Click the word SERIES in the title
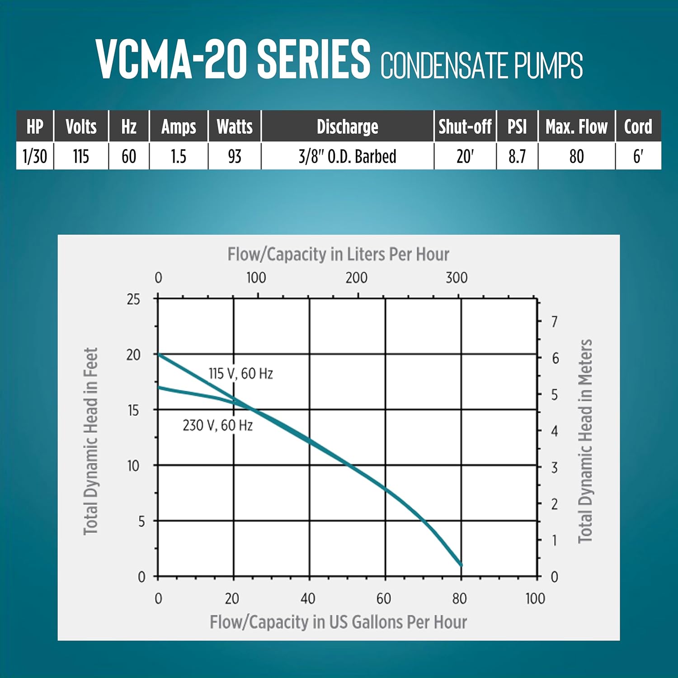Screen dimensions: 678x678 click(314, 59)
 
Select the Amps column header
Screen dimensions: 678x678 click(179, 127)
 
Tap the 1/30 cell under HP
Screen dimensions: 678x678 click(35, 156)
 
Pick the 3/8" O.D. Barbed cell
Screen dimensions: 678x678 click(347, 156)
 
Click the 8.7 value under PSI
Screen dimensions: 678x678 click(517, 156)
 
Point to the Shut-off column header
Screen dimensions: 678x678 click(465, 127)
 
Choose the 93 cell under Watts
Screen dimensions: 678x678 click(235, 156)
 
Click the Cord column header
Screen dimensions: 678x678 click(638, 127)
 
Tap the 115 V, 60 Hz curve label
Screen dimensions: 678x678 click(240, 374)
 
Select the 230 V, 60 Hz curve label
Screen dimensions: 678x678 click(217, 425)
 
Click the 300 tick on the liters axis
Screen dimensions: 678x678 click(457, 278)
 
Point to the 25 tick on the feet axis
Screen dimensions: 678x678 click(133, 299)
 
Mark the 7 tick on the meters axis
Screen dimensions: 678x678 click(555, 322)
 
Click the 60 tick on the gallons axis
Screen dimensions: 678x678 click(384, 598)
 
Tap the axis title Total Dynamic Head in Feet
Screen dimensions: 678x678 click(91, 441)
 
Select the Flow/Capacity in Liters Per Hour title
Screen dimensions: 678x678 click(338, 254)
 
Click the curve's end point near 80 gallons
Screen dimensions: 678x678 click(461, 565)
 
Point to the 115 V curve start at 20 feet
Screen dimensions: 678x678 click(158, 354)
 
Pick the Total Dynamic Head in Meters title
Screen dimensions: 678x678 click(585, 441)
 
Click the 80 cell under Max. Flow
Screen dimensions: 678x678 click(576, 156)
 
